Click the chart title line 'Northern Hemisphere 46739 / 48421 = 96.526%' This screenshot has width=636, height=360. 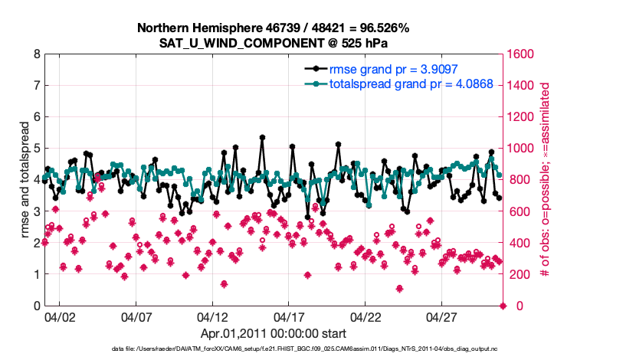point(273,28)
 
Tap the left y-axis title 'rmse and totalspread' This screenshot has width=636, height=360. point(25,180)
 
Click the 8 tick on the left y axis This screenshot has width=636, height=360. point(36,54)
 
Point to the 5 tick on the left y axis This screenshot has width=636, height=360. point(36,149)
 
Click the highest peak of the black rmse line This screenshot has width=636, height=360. point(262,138)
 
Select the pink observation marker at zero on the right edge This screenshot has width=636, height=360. point(503,306)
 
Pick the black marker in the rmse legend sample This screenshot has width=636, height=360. point(314,69)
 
